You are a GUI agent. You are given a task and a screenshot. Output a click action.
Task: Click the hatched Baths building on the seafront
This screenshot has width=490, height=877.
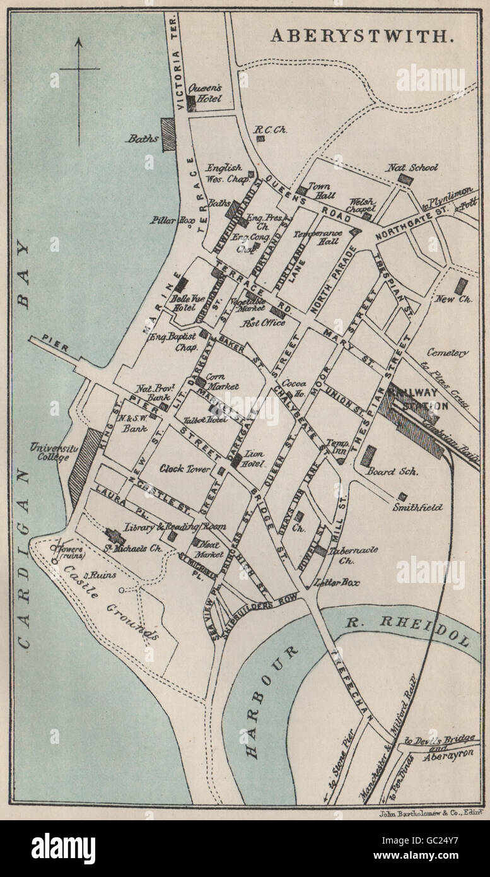[168, 134]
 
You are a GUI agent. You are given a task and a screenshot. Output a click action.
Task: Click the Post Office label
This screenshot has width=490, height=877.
[262, 322]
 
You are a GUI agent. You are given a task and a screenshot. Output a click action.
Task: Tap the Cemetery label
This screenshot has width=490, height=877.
[447, 353]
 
